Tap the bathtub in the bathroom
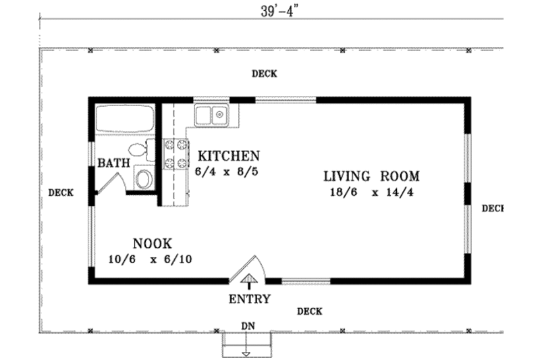[x=124, y=120]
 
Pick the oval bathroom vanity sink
[x=144, y=179]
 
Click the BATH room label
[x=113, y=163]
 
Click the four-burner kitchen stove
[x=176, y=154]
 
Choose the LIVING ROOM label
[x=371, y=177]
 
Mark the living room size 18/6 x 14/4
[x=371, y=193]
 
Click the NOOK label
[x=151, y=243]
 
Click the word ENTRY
[x=250, y=299]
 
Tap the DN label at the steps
[x=248, y=326]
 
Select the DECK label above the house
[x=265, y=74]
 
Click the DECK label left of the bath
[x=61, y=192]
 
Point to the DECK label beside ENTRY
[x=309, y=311]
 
